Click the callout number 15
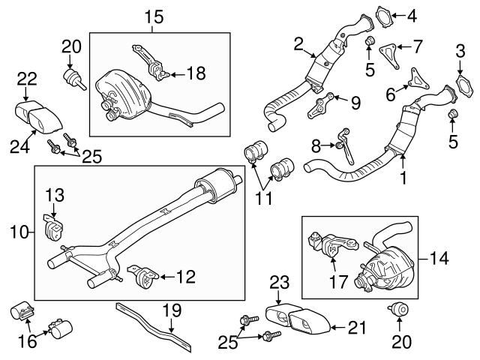click(153, 15)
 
